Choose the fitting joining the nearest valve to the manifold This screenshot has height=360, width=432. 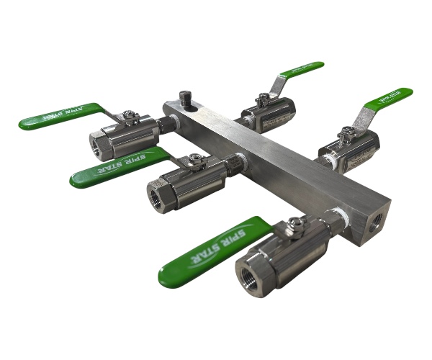pyautogui.click(x=333, y=220)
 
